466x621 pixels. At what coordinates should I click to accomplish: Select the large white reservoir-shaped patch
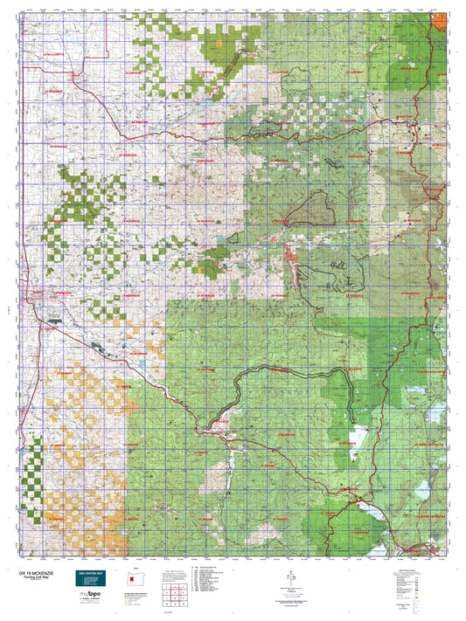(358, 437)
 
